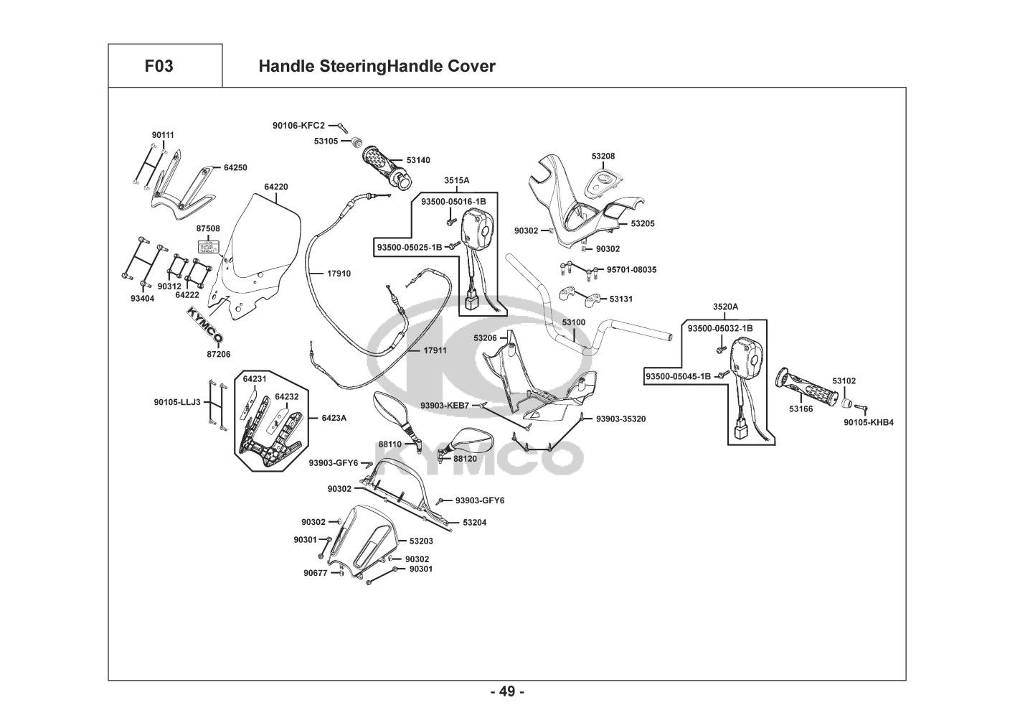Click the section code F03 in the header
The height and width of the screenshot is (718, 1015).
159,67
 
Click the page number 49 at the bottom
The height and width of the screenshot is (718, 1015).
507,691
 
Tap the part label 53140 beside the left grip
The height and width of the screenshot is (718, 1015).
418,160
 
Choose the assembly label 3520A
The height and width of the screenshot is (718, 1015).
725,307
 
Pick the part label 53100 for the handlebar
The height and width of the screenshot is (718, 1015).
574,322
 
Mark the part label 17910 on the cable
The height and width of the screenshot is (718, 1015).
339,274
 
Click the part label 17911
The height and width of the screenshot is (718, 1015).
435,350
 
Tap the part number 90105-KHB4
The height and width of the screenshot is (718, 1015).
869,422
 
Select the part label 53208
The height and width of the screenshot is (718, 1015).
603,156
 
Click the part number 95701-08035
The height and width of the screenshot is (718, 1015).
631,270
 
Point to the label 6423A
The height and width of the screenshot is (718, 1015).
334,417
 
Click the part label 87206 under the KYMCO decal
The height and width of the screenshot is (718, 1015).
218,354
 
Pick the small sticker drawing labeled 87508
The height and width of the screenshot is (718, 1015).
207,246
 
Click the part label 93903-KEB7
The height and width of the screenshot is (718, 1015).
445,406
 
